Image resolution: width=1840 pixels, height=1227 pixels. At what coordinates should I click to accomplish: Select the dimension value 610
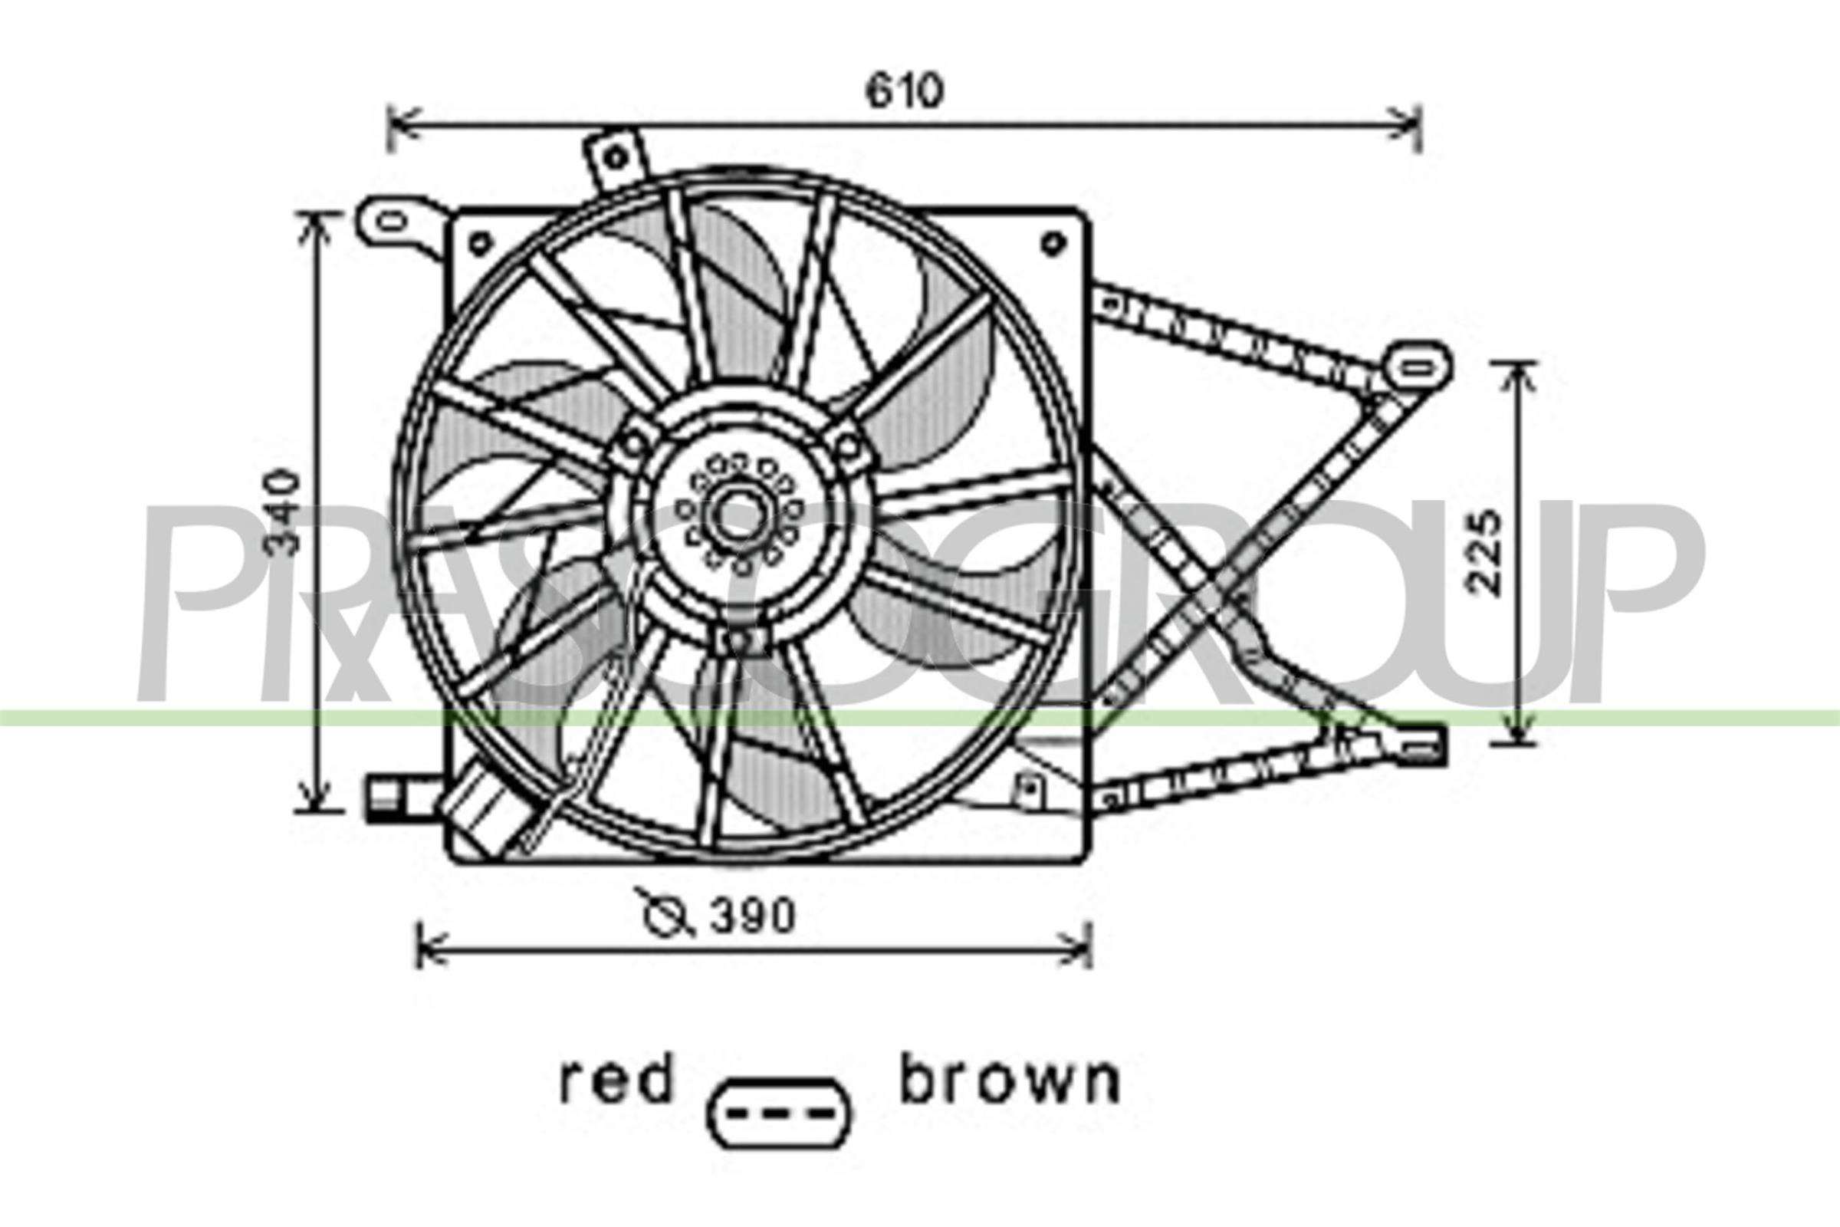tap(905, 92)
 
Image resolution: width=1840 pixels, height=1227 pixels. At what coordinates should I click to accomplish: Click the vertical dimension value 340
tap(283, 512)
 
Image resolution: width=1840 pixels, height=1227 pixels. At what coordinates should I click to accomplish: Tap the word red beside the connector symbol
tap(616, 1082)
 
